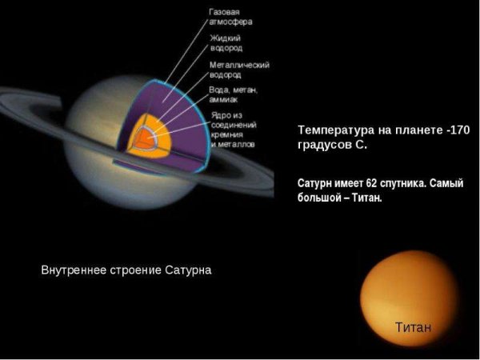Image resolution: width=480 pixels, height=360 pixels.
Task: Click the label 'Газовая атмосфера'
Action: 229,18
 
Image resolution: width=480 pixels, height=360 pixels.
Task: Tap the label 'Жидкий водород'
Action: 226,43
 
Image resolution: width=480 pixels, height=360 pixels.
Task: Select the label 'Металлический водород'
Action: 238,69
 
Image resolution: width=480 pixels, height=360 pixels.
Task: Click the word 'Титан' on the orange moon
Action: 413,326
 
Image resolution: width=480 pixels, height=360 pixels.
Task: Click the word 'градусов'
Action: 324,145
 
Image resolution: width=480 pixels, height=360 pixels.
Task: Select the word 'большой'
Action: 319,198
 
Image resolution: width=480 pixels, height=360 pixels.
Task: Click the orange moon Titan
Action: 408,296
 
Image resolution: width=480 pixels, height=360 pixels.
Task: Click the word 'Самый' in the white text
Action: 446,183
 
